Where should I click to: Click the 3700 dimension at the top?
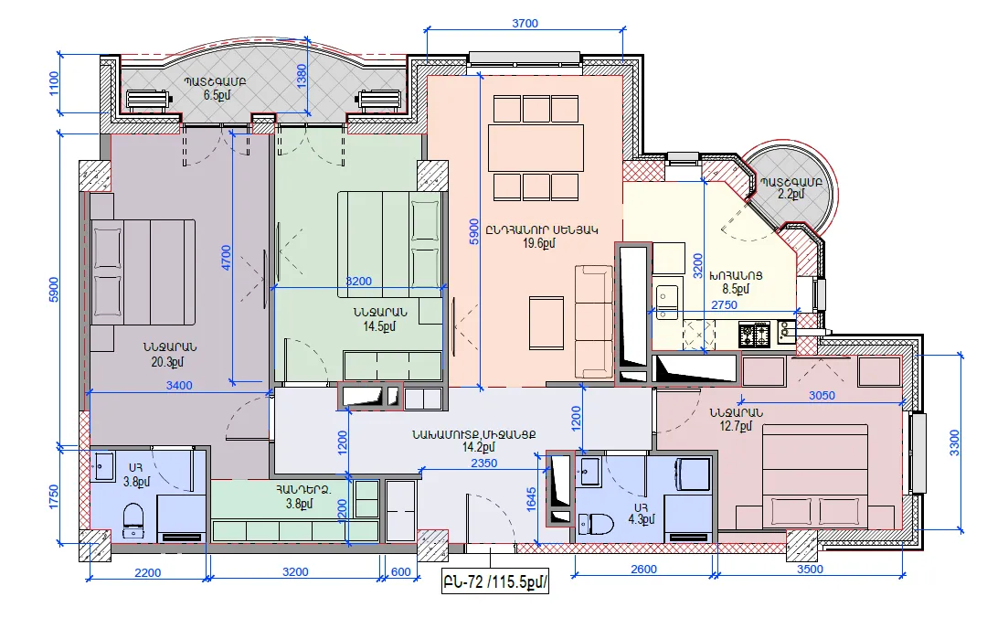click(525, 23)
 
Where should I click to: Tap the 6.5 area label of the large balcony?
click(217, 96)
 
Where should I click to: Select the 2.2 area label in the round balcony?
click(791, 194)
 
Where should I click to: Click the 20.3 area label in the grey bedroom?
click(167, 362)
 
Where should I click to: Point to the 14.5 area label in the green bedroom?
click(379, 326)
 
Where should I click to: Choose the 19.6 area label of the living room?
click(539, 243)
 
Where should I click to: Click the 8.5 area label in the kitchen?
click(735, 289)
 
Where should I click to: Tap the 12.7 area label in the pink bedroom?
click(736, 427)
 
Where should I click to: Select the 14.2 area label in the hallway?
click(478, 447)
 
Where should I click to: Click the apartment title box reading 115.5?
click(494, 581)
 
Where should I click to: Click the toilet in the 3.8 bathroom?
click(133, 521)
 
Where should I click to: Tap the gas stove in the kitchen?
click(754, 334)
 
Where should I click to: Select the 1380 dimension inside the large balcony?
click(302, 76)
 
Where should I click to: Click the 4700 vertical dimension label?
click(226, 258)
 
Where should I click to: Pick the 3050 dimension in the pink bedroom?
click(822, 396)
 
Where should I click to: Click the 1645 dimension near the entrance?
click(531, 499)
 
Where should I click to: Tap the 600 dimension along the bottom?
click(400, 572)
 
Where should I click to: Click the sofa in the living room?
click(594, 322)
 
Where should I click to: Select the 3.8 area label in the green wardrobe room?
click(299, 504)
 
